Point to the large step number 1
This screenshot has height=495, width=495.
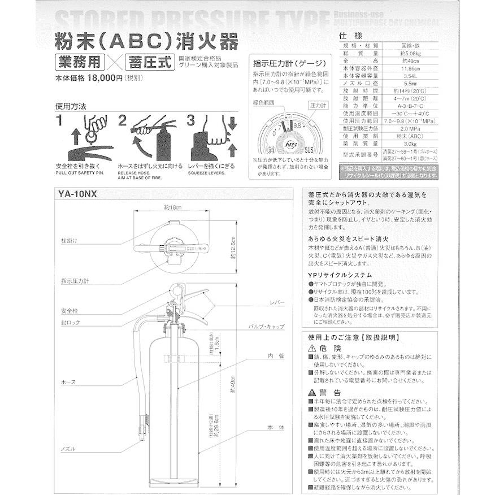click(59, 120)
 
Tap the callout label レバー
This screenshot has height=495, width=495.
click(277, 302)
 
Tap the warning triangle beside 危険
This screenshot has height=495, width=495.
click(312, 349)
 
